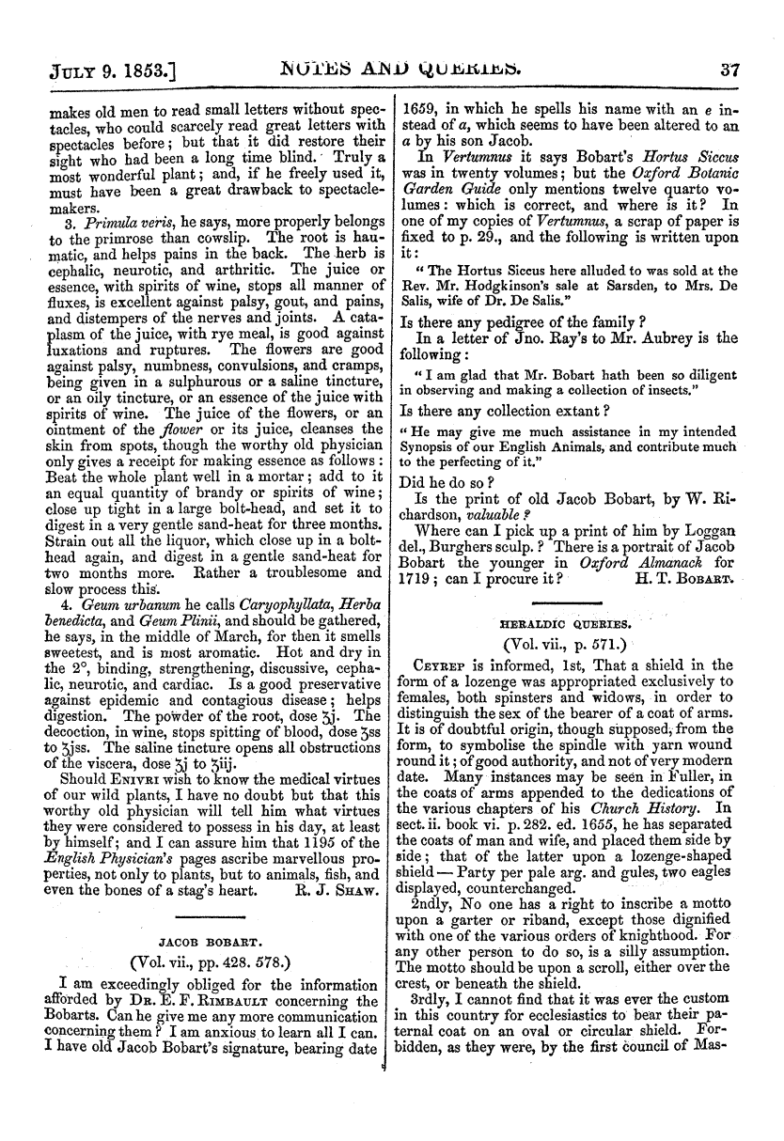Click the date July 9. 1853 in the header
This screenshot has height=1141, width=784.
pyautogui.click(x=94, y=69)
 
